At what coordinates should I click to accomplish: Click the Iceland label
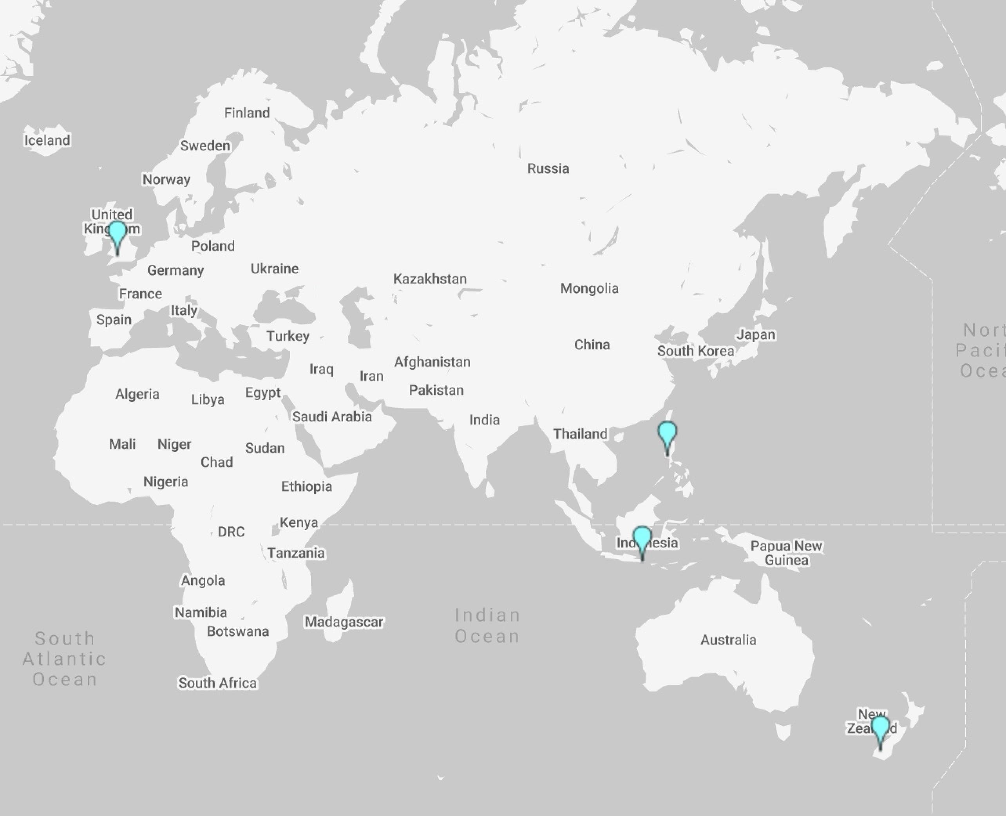(x=47, y=140)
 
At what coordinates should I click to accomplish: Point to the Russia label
(x=548, y=168)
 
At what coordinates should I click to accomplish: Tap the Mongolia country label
(x=589, y=288)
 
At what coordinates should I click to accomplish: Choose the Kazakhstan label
(x=430, y=279)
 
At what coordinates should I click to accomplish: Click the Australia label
(x=728, y=640)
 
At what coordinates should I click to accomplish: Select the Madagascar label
(x=344, y=622)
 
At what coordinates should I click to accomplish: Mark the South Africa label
(x=217, y=683)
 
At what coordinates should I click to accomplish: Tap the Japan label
(x=756, y=335)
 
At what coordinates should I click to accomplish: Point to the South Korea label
(x=695, y=351)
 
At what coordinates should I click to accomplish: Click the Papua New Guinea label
(x=786, y=553)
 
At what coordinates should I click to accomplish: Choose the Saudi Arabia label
(x=331, y=417)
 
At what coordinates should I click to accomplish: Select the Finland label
(x=247, y=113)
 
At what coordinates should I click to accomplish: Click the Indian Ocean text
(x=487, y=626)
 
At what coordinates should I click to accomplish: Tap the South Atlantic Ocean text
(x=64, y=659)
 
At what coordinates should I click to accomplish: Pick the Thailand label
(x=580, y=434)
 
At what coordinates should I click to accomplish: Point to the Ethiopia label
(x=307, y=486)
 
